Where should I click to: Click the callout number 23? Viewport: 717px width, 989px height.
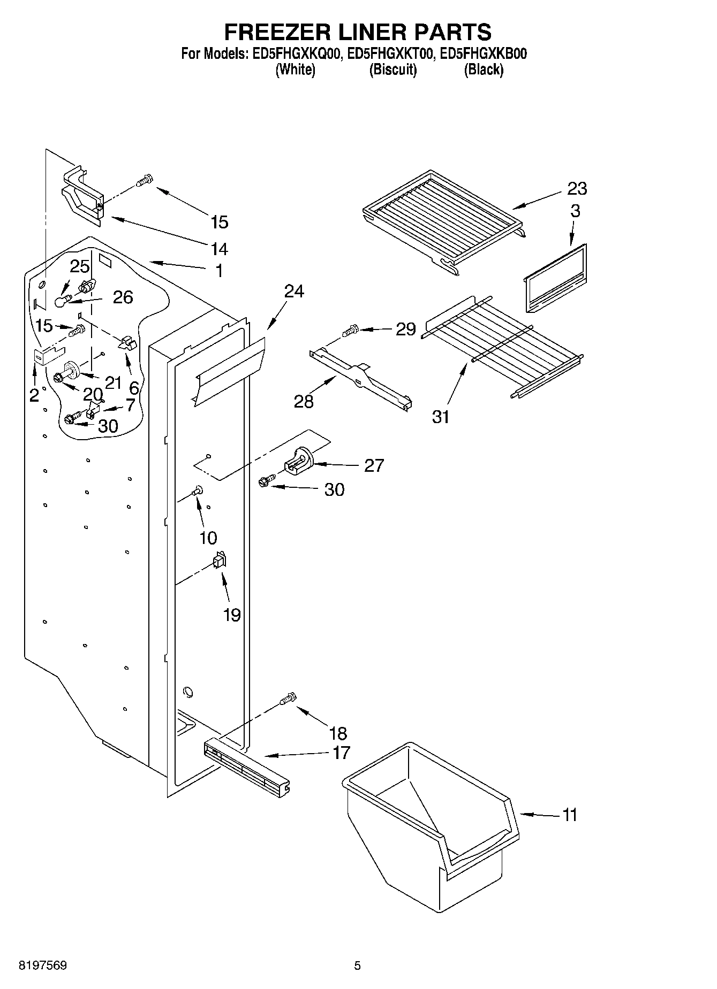point(577,188)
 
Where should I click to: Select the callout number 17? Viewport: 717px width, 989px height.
point(341,753)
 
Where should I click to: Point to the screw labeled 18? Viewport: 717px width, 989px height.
point(288,699)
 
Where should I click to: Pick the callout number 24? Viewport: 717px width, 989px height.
point(294,291)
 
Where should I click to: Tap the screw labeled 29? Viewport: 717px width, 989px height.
point(351,331)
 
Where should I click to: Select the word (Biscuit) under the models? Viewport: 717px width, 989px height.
point(393,70)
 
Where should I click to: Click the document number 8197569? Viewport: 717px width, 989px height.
point(43,965)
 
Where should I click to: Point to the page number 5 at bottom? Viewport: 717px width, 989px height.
point(357,965)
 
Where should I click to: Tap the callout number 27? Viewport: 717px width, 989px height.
point(374,465)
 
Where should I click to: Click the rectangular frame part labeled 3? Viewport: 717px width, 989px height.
point(554,278)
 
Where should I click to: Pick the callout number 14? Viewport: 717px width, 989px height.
point(220,249)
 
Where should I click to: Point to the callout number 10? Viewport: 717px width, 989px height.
point(208,538)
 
